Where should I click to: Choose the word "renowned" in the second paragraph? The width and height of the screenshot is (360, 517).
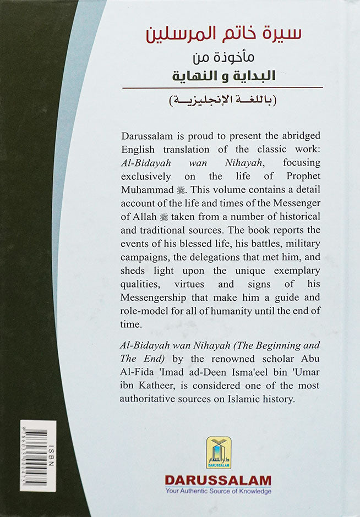208,373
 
